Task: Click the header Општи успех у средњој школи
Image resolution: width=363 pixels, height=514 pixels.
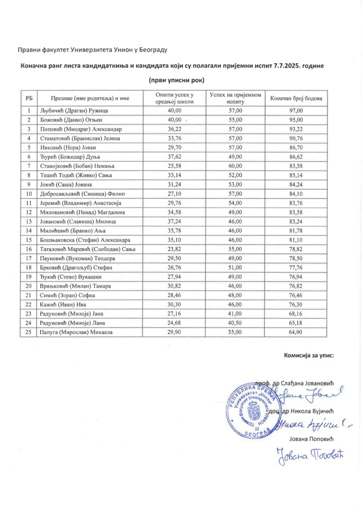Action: [x=174, y=98]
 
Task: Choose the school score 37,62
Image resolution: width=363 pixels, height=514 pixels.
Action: [x=174, y=156]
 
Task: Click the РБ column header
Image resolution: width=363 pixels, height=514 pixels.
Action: [x=30, y=98]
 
